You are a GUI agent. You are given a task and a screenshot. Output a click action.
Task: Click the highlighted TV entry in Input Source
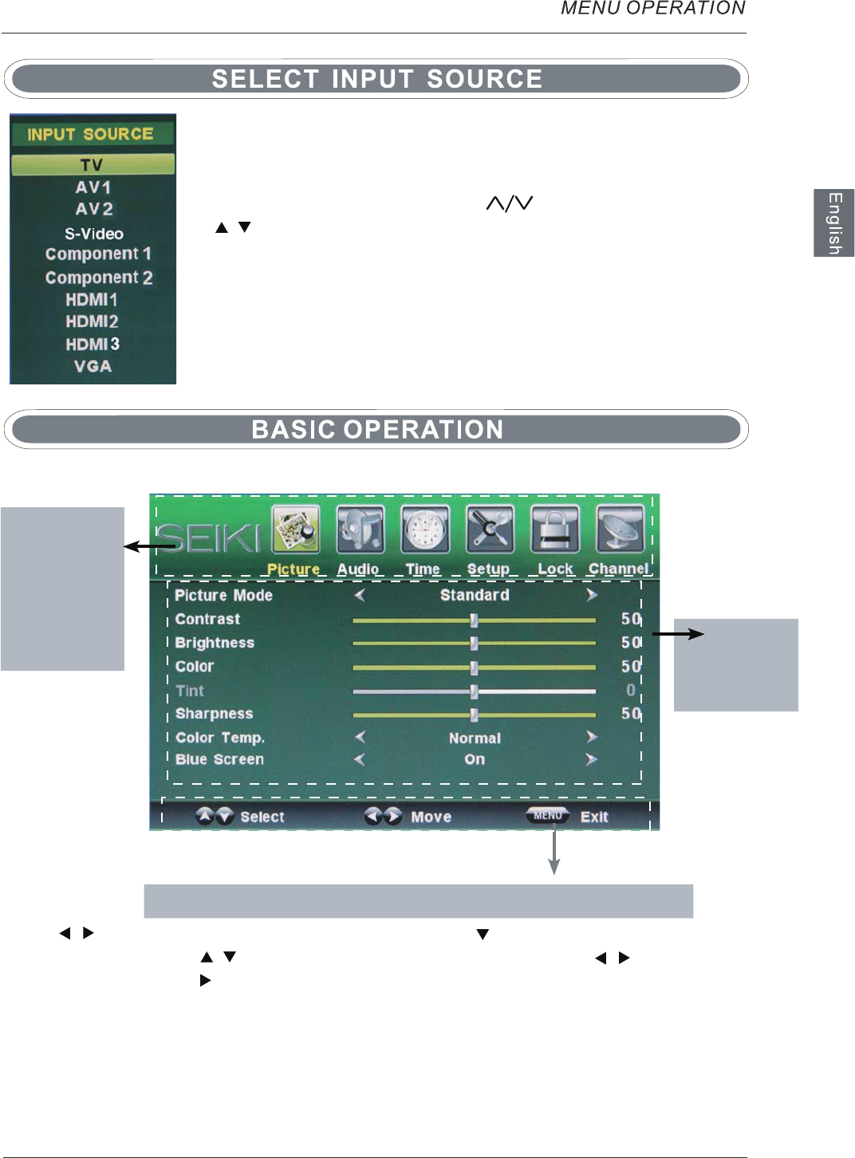coord(93,164)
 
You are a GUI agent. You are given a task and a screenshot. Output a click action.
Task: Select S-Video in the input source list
coord(94,234)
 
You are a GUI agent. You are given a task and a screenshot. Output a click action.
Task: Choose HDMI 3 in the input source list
coord(93,344)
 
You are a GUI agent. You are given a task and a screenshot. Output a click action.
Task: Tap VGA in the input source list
coord(93,366)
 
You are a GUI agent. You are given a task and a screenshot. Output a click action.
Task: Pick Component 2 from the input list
coord(99,278)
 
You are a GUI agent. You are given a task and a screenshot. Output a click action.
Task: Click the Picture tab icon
coord(296,530)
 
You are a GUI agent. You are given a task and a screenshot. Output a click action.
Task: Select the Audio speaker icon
coord(361,530)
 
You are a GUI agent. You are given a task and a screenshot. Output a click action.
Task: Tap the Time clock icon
coord(425,530)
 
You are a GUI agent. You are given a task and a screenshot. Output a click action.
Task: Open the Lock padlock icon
coord(555,530)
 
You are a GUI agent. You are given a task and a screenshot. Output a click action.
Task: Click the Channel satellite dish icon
coord(620,530)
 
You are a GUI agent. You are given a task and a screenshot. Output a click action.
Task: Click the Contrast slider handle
coord(474,620)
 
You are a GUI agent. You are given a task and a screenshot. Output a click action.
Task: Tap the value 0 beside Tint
coord(631,690)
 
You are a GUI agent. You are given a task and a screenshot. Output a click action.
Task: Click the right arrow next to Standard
coord(591,595)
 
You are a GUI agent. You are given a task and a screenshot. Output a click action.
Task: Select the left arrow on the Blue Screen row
coord(360,759)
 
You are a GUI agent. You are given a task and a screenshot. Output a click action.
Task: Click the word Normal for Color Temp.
coord(475,738)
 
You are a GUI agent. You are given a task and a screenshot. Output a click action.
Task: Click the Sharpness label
coord(214,714)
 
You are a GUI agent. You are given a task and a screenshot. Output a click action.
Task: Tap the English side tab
coord(834,223)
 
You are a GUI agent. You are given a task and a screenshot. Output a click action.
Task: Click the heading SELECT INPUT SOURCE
coord(376,78)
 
